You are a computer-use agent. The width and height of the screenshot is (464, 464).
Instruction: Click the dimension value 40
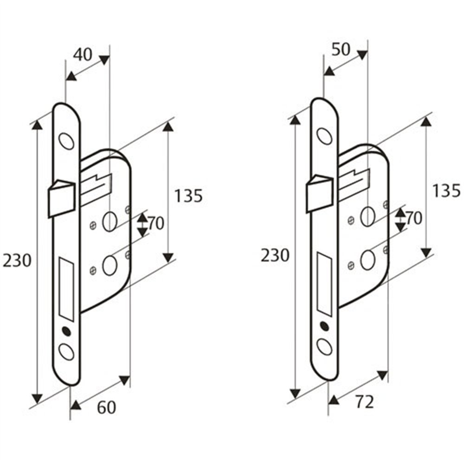[83, 55]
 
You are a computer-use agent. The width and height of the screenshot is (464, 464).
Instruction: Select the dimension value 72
[364, 403]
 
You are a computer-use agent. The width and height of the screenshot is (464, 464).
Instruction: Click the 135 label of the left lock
[188, 196]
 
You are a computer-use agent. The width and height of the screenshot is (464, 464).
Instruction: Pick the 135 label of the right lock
[446, 190]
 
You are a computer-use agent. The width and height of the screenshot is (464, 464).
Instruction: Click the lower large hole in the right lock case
[367, 259]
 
